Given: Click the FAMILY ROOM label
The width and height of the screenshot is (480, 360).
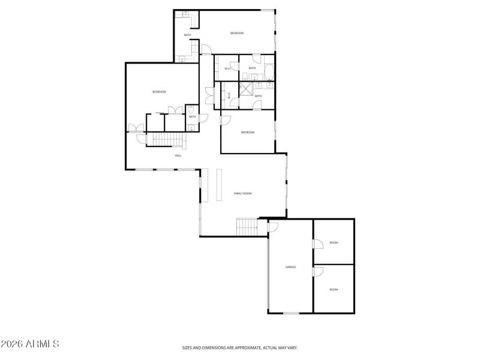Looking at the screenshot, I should pyautogui.click(x=242, y=193).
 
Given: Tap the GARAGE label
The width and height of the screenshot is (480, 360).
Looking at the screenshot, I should pyautogui.click(x=290, y=267).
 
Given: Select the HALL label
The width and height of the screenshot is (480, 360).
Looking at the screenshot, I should pyautogui.click(x=178, y=155).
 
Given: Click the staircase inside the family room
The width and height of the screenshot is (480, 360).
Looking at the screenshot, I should pyautogui.click(x=247, y=227).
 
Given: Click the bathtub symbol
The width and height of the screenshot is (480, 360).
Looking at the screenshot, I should pyautogui.click(x=269, y=73).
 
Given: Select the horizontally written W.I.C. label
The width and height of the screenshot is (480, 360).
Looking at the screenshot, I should pyautogui.click(x=228, y=68).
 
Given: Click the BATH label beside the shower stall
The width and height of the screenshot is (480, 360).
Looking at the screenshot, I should pyautogui.click(x=259, y=96).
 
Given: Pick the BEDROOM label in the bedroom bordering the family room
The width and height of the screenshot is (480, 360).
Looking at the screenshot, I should pyautogui.click(x=248, y=132).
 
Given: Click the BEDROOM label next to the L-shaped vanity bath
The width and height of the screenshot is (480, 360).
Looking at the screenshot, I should pyautogui.click(x=237, y=33).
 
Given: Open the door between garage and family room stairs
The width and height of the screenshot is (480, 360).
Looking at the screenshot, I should pyautogui.click(x=272, y=226).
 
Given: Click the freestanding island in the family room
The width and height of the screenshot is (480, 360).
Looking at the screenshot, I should pyautogui.click(x=219, y=185).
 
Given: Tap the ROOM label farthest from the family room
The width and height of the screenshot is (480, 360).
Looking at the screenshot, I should pyautogui.click(x=334, y=289).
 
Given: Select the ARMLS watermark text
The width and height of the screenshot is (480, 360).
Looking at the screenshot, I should pyautogui.click(x=30, y=344).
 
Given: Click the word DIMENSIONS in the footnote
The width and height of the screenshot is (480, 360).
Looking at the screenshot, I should pyautogui.click(x=217, y=347).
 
